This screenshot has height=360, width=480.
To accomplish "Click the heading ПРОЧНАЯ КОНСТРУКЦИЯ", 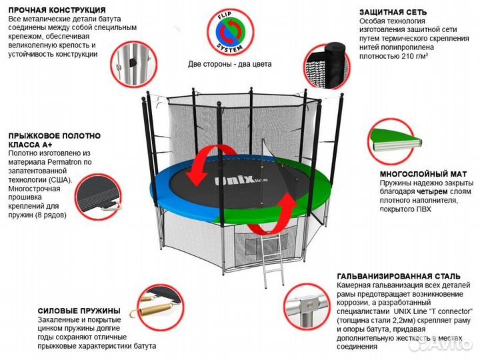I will click(x=57, y=11).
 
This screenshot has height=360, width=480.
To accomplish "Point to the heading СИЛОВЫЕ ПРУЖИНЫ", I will click(x=79, y=311).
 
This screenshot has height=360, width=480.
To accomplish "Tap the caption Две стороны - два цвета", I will click(x=229, y=65).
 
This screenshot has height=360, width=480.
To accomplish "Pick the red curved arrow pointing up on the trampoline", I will click(x=273, y=213).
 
